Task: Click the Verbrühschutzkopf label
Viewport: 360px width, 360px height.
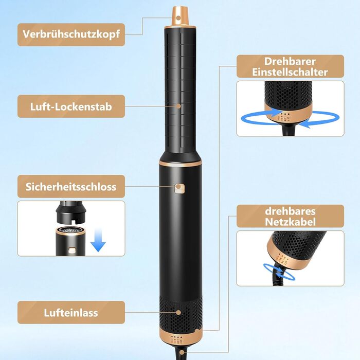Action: click(x=71, y=34)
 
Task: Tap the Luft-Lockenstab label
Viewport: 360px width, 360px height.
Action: click(x=71, y=107)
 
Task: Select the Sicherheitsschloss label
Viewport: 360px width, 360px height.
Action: click(x=71, y=186)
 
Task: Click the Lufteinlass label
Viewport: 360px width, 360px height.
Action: click(x=71, y=313)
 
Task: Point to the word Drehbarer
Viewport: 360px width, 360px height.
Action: click(x=290, y=61)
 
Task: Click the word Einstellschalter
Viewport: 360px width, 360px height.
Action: click(x=290, y=73)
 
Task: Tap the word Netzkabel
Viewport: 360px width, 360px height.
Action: click(x=290, y=222)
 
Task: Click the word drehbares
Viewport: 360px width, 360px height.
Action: click(x=290, y=211)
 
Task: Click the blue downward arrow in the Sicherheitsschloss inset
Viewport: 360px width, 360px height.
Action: click(x=98, y=239)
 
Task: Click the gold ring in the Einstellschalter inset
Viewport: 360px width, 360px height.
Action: click(x=287, y=114)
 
